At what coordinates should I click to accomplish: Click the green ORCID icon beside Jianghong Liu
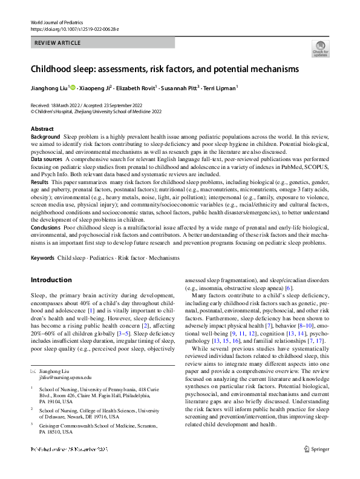pos(73,88)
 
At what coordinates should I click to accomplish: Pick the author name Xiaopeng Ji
pos(96,88)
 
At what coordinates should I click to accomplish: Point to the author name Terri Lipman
pos(219,88)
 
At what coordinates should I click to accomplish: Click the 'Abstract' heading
pos(42,130)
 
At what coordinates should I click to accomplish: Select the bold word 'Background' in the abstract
pos(45,137)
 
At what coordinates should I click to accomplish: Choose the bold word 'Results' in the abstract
pos(39,182)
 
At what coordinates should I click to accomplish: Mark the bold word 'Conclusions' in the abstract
pos(46,227)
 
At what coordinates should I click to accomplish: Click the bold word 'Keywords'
pos(42,259)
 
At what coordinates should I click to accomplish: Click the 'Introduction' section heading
pos(51,280)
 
